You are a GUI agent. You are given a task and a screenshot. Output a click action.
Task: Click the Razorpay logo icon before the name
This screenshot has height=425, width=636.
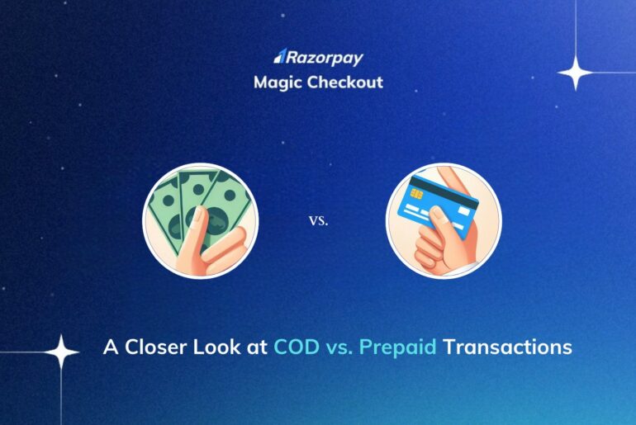click(x=279, y=57)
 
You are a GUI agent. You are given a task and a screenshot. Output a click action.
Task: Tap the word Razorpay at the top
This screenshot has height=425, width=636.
click(x=325, y=57)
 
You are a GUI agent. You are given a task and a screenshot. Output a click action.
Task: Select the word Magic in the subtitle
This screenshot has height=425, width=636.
click(x=276, y=83)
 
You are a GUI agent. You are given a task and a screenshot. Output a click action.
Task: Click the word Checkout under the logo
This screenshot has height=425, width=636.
click(x=348, y=83)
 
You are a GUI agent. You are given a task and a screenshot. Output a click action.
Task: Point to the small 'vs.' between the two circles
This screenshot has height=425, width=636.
click(x=318, y=221)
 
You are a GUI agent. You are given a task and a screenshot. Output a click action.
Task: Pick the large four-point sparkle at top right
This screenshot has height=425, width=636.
click(x=576, y=73)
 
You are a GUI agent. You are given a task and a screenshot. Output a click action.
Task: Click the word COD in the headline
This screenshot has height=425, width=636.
click(x=294, y=347)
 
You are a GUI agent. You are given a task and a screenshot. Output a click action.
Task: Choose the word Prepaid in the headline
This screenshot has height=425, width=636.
click(x=402, y=347)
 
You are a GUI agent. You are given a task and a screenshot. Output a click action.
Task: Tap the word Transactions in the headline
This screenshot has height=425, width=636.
click(x=507, y=347)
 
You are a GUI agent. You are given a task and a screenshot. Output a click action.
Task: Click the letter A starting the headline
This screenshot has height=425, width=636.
click(x=110, y=347)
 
